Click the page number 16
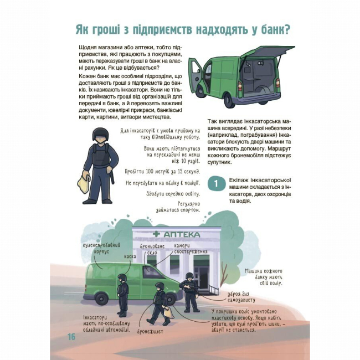coord(71,337)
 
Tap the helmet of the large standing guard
coord(100,133)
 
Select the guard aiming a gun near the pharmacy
coord(189,291)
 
